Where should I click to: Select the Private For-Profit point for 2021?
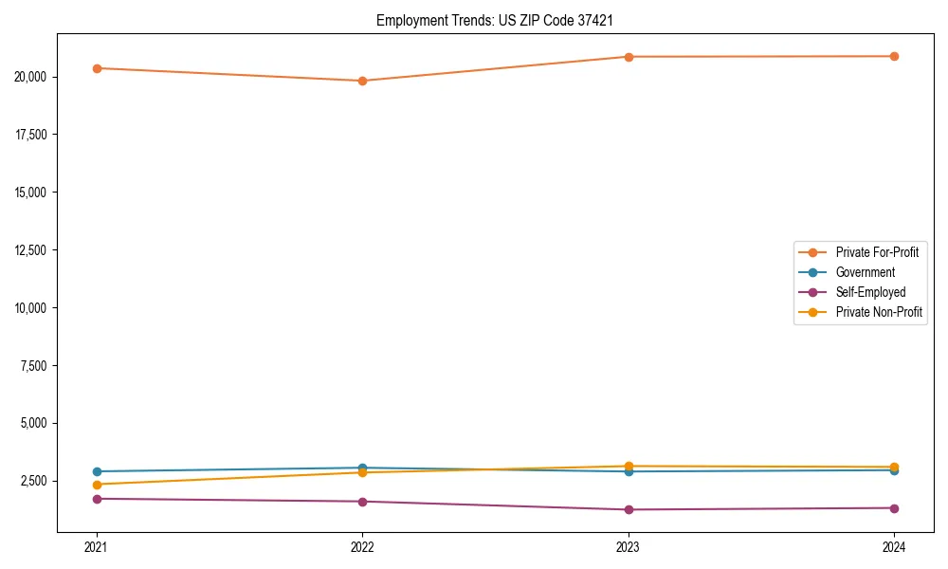pyautogui.click(x=97, y=68)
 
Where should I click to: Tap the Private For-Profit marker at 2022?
pyautogui.click(x=362, y=81)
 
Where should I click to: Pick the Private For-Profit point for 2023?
pyautogui.click(x=629, y=57)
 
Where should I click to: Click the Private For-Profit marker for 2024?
pyautogui.click(x=894, y=56)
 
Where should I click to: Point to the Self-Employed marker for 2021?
pyautogui.click(x=97, y=499)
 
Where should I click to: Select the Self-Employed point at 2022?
pyautogui.click(x=362, y=502)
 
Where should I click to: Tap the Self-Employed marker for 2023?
pyautogui.click(x=629, y=509)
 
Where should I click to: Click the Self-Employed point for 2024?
pyautogui.click(x=894, y=508)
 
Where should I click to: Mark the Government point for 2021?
pyautogui.click(x=97, y=471)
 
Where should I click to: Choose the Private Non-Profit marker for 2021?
pyautogui.click(x=97, y=485)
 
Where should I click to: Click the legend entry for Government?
pyautogui.click(x=865, y=272)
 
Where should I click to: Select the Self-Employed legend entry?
pyautogui.click(x=870, y=292)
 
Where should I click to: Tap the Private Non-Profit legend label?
pyautogui.click(x=879, y=312)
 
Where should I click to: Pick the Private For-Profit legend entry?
pyautogui.click(x=877, y=252)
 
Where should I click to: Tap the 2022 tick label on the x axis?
pyautogui.click(x=362, y=546)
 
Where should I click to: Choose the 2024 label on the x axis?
pyautogui.click(x=894, y=546)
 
